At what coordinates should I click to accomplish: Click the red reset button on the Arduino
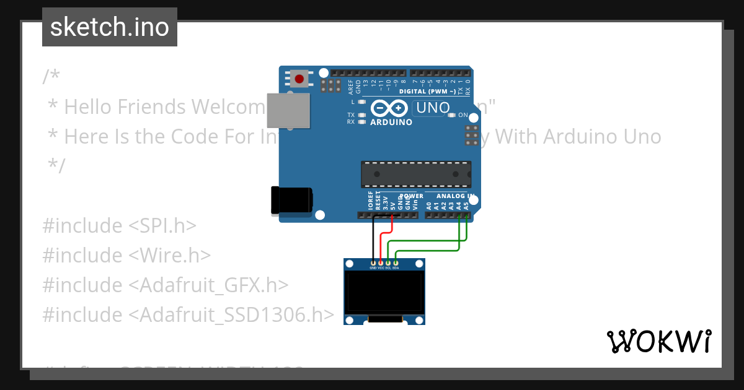(x=300, y=79)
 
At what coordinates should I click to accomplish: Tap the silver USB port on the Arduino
(x=288, y=110)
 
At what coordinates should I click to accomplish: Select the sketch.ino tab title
(x=110, y=27)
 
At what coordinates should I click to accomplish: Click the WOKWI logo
(x=659, y=341)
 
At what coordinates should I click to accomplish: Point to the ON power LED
(x=452, y=115)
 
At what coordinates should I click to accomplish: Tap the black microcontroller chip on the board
(x=416, y=174)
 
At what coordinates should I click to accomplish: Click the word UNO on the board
(x=432, y=108)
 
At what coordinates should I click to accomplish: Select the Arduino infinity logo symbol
(x=389, y=109)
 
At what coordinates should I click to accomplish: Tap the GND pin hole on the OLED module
(x=373, y=264)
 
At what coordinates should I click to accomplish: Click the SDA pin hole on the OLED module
(x=396, y=264)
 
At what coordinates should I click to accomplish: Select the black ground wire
(x=373, y=238)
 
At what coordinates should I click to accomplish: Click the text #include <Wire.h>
(x=126, y=255)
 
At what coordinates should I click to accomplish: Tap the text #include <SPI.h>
(x=119, y=225)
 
